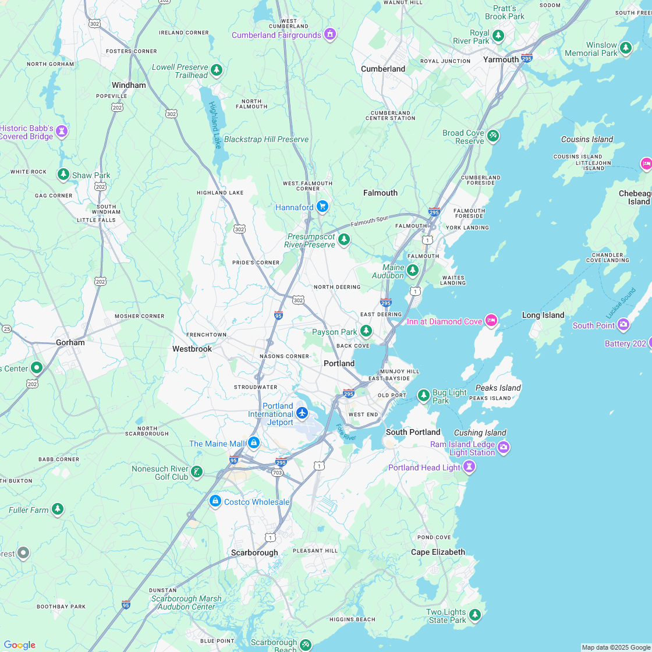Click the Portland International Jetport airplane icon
(302, 413)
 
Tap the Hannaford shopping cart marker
(323, 207)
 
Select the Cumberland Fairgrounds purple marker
(330, 34)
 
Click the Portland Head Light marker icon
(469, 467)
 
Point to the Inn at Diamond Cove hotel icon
(491, 321)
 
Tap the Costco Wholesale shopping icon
(215, 501)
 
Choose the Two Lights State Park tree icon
(475, 614)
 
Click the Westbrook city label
(192, 349)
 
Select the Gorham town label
(70, 342)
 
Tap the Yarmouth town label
(501, 59)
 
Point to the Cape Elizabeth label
(438, 552)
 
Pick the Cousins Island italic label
(587, 139)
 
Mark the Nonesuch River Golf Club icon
(197, 472)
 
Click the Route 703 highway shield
(277, 472)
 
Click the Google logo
(19, 644)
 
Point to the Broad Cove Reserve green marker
(493, 136)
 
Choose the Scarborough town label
(254, 552)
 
